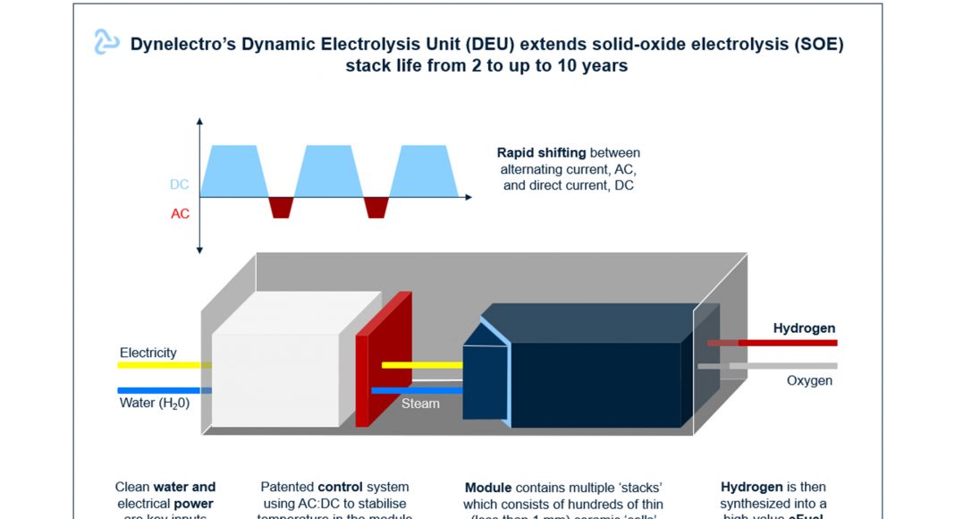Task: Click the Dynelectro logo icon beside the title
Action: [x=107, y=41]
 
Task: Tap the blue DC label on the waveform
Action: [x=179, y=184]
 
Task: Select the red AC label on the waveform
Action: [x=180, y=214]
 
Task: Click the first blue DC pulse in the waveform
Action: [x=233, y=170]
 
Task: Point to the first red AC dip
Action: [x=282, y=206]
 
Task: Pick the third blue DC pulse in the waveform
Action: [x=424, y=170]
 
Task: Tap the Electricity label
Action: [x=148, y=353]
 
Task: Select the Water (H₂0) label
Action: [x=155, y=403]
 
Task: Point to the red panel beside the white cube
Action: [x=383, y=358]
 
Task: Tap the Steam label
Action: [x=420, y=404]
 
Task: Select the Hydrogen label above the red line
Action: [x=804, y=328]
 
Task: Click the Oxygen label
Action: [x=809, y=380]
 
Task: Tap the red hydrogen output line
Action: [x=787, y=343]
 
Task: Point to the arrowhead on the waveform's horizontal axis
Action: [x=468, y=196]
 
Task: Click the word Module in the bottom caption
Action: [x=488, y=488]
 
